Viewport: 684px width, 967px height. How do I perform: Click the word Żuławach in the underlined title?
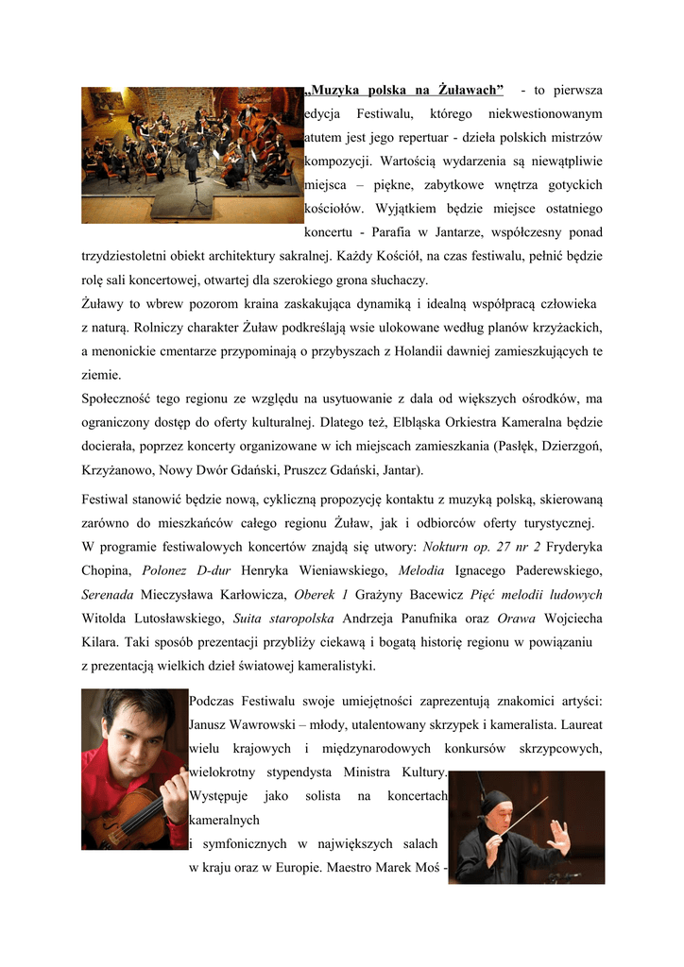[x=470, y=91]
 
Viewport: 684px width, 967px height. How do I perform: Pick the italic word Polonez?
[x=162, y=570]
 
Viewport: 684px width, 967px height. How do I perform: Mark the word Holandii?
[x=396, y=351]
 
